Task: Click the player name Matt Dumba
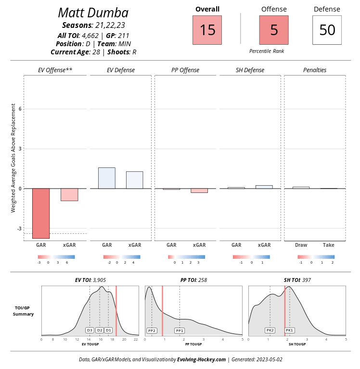93,13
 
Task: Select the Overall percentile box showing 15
207,30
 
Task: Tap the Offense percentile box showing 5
274,30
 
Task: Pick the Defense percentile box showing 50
327,30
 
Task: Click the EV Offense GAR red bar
41,213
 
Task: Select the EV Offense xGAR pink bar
69,194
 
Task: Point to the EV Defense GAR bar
106,178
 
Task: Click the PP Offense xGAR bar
199,191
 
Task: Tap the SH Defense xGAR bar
264,187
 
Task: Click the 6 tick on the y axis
20,109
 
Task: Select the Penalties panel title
315,70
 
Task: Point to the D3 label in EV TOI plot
90,331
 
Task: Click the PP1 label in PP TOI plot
180,331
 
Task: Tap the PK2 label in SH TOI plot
270,331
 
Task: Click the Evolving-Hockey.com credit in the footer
201,359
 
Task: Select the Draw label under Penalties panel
301,245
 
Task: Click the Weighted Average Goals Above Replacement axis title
13,158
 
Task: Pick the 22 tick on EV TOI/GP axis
136,340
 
